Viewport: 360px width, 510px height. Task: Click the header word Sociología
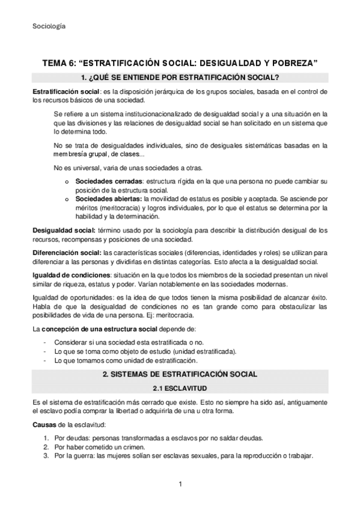49,26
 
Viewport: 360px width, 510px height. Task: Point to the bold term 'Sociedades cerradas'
109,180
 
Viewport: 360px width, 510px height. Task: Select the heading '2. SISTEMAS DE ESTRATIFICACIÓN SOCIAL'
179,374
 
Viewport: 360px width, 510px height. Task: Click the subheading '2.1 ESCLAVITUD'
179,388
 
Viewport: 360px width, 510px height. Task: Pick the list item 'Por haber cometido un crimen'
105,447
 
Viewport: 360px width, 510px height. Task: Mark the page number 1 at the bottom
180,484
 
